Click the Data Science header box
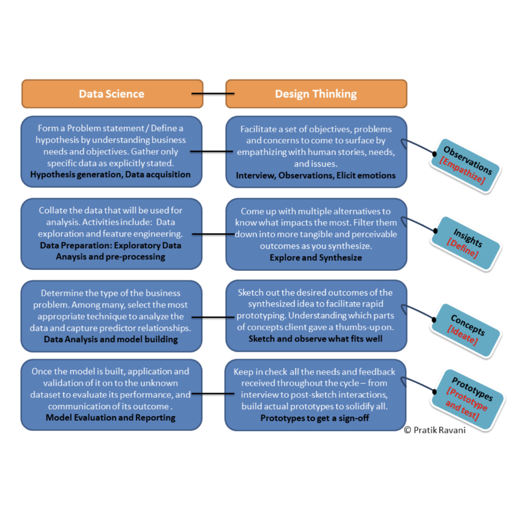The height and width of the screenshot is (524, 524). click(x=112, y=94)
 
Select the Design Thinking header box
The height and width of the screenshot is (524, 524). click(x=316, y=94)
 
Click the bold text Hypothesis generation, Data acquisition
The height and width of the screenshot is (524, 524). click(x=111, y=174)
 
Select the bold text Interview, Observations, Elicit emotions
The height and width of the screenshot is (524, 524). click(x=315, y=175)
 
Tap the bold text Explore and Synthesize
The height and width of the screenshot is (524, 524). click(x=315, y=257)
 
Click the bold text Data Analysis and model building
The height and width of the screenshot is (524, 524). click(x=111, y=339)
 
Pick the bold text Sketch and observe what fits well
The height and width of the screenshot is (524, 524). click(x=315, y=339)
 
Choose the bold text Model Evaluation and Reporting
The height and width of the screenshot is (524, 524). click(x=111, y=417)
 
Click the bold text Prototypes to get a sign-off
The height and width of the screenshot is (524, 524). click(x=315, y=418)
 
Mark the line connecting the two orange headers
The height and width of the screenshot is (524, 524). click(x=214, y=94)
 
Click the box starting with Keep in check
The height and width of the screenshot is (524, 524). click(x=315, y=395)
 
